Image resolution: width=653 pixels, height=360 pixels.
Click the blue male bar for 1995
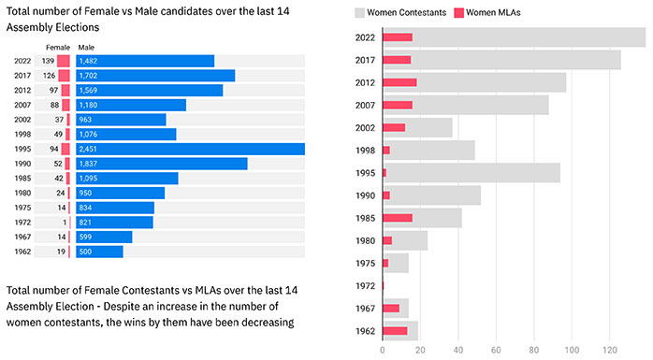click(x=190, y=149)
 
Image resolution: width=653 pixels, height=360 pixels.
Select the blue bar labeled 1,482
click(x=145, y=61)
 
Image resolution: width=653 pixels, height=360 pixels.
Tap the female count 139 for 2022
click(x=48, y=61)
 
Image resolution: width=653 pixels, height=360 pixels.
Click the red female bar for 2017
click(x=65, y=76)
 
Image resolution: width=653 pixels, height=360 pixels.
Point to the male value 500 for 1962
click(x=85, y=252)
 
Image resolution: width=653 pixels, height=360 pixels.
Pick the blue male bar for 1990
click(x=162, y=164)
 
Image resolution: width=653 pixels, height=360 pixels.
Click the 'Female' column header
click(x=58, y=48)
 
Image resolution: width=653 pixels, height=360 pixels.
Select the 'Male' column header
click(x=86, y=48)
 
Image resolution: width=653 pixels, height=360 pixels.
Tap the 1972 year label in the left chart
click(x=22, y=223)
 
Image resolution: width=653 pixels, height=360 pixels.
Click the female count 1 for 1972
click(x=65, y=223)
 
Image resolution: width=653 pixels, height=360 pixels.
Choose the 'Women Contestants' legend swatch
click(x=359, y=13)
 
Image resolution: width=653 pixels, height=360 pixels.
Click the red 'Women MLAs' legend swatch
click(x=458, y=13)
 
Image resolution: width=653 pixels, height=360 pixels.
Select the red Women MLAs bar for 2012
click(x=399, y=82)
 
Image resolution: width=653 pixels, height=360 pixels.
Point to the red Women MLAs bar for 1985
click(x=398, y=218)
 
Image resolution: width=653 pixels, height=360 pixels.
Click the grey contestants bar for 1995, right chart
click(x=472, y=173)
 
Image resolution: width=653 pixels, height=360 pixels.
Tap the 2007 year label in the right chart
click(x=365, y=106)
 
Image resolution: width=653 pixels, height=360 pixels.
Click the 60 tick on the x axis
click(x=496, y=350)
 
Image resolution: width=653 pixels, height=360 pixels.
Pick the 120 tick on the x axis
click(x=610, y=350)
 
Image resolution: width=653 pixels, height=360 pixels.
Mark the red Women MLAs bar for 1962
click(x=395, y=331)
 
